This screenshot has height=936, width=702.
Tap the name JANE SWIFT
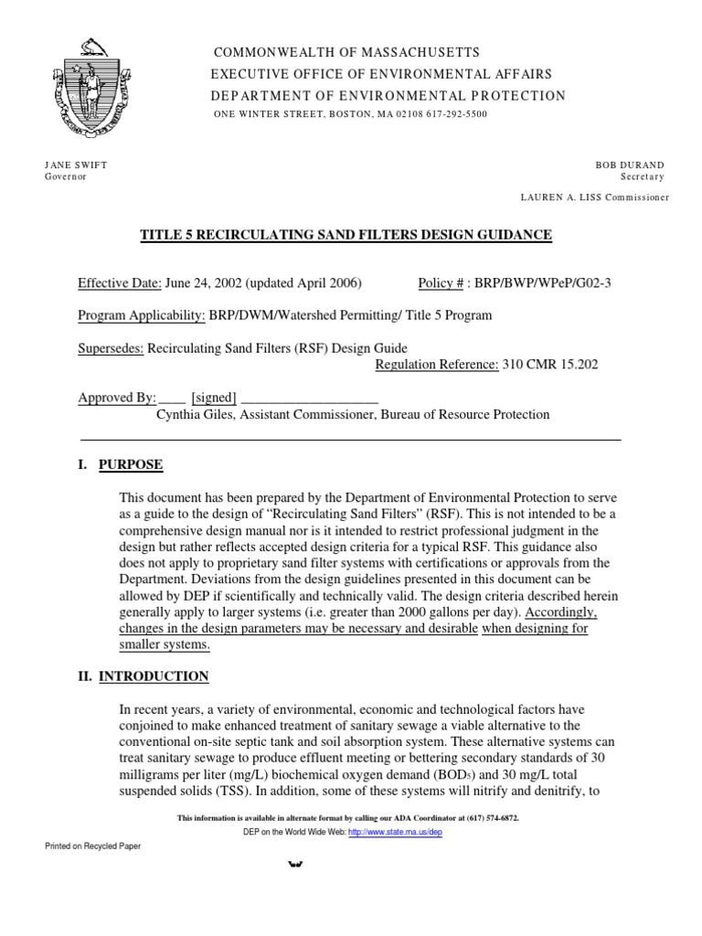(76, 165)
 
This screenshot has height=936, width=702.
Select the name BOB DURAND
(630, 165)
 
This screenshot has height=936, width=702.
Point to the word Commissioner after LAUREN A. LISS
(636, 197)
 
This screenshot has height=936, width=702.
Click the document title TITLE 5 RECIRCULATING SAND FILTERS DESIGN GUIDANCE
(346, 236)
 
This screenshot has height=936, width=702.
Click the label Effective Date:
(120, 282)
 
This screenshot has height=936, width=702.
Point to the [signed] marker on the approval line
(214, 398)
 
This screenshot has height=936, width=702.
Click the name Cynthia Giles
(194, 414)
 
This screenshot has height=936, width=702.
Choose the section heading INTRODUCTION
(154, 676)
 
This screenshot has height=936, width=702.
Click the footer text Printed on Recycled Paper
(93, 846)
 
